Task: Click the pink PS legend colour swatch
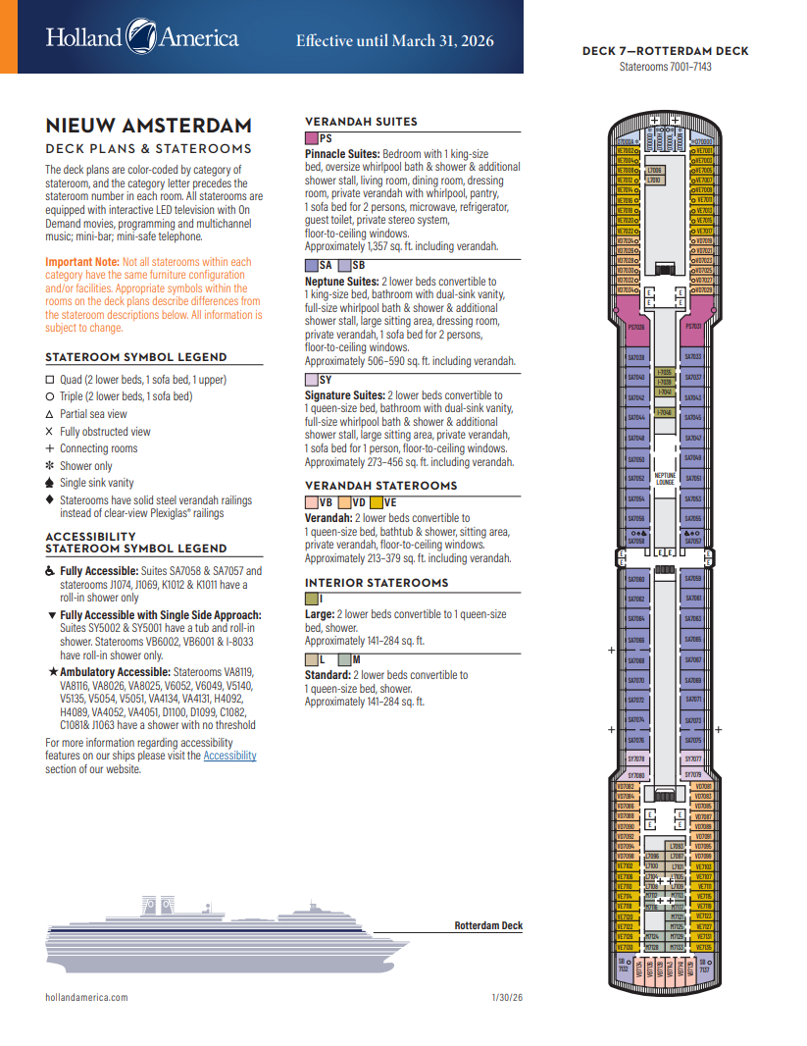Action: [x=312, y=139]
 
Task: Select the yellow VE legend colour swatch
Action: [x=376, y=502]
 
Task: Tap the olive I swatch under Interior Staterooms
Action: [x=312, y=599]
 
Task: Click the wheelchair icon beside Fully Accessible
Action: [x=51, y=570]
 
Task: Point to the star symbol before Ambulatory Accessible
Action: [x=52, y=671]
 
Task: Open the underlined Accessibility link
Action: [x=229, y=756]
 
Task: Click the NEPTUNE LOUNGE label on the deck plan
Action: [x=665, y=480]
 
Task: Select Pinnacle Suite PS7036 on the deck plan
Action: [x=636, y=327]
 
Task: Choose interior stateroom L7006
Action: [x=654, y=171]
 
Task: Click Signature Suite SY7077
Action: [x=693, y=759]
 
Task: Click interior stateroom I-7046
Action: [x=664, y=413]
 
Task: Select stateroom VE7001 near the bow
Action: [x=702, y=151]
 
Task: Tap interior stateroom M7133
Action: [x=676, y=947]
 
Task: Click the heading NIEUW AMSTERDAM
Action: [x=148, y=126]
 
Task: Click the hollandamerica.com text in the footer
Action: [x=86, y=997]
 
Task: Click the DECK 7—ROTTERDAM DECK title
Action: [x=665, y=51]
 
